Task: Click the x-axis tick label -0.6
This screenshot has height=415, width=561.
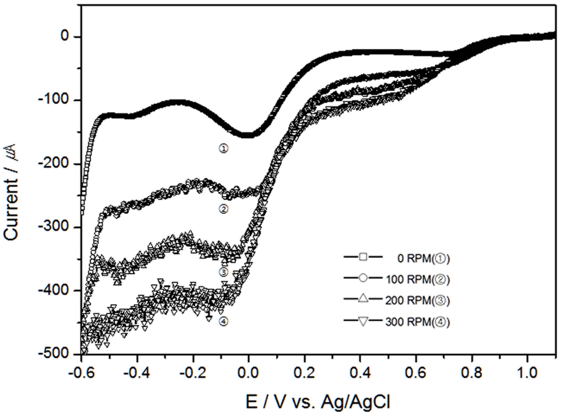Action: [81, 374]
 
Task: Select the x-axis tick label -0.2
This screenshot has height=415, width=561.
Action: [193, 374]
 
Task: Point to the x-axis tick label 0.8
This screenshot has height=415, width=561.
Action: [472, 374]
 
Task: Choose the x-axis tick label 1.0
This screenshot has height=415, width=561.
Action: [528, 374]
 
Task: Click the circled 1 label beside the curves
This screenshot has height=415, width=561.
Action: [224, 149]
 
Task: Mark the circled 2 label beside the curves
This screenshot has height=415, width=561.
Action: [224, 209]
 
